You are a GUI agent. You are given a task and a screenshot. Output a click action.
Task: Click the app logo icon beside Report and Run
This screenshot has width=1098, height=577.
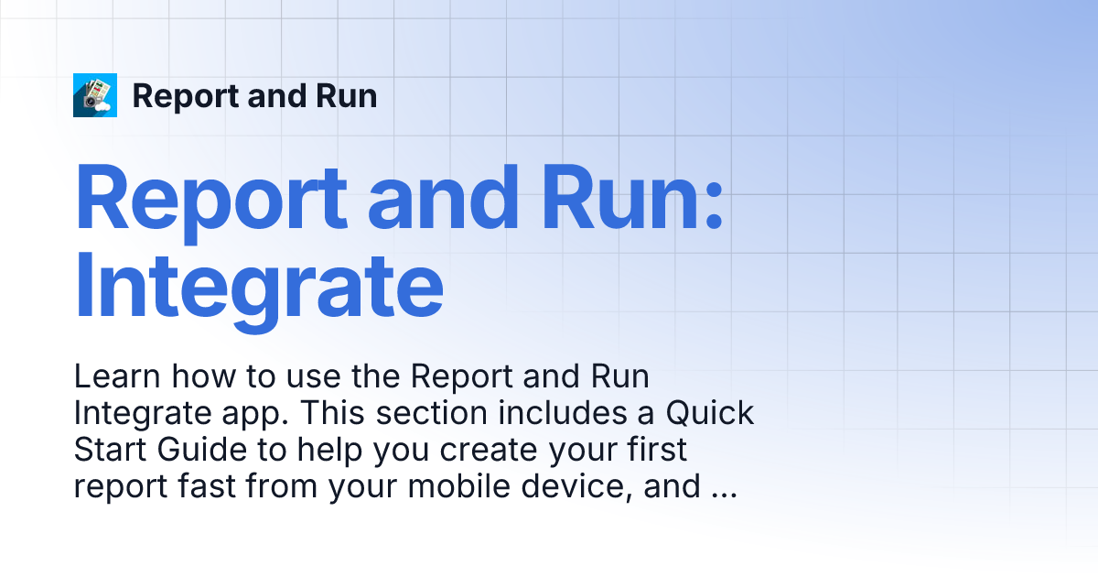(95, 95)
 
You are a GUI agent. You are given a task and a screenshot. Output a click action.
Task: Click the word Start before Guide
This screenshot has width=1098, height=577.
(108, 451)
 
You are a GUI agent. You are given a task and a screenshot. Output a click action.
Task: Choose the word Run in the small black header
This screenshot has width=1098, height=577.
(347, 96)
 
